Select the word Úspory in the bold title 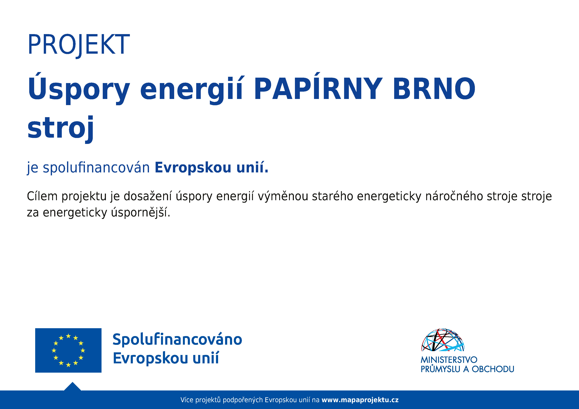[x=79, y=88]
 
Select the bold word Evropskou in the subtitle [x=193, y=167]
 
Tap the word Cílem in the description [x=42, y=196]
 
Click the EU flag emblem [x=68, y=350]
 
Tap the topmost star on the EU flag [x=68, y=336]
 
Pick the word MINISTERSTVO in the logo [x=449, y=360]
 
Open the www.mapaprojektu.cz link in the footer [x=360, y=400]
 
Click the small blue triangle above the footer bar [x=72, y=387]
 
